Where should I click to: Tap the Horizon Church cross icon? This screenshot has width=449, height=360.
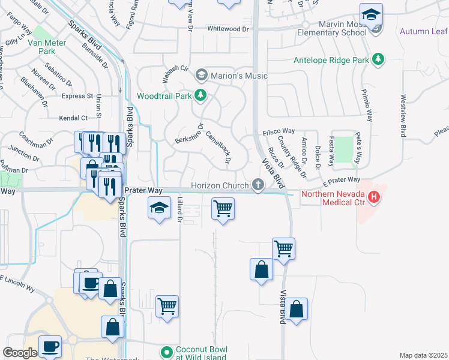tap(258, 185)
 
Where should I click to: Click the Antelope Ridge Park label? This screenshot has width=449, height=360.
tap(331, 59)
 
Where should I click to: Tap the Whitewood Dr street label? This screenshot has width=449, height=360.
tap(228, 28)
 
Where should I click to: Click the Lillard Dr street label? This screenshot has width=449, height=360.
tap(179, 211)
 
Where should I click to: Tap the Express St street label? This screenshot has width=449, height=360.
tap(77, 96)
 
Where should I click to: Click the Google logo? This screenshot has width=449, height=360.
tap(20, 353)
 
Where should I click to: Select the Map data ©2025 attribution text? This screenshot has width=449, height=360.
tap(423, 355)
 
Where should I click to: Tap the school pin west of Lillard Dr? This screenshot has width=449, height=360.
tap(159, 209)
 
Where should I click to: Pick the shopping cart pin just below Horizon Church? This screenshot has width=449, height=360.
tap(223, 209)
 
